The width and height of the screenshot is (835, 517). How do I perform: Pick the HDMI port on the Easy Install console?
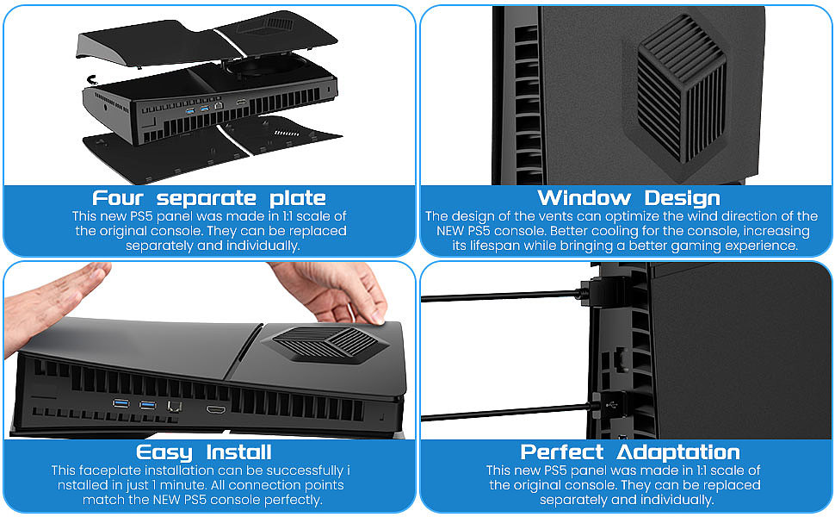(215, 405)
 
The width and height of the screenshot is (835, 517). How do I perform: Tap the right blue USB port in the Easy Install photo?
(148, 404)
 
